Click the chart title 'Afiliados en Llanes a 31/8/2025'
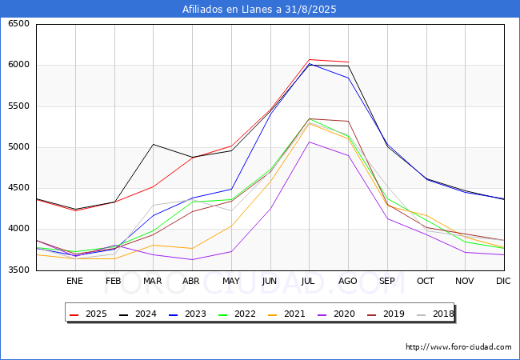tap(259, 10)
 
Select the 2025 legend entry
tap(90, 314)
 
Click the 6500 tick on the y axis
tap(18, 24)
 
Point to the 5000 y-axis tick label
tap(18, 147)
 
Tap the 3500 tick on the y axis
tap(18, 270)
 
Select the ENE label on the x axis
tap(74, 281)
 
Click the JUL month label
tap(309, 281)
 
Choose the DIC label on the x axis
tap(503, 281)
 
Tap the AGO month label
tap(348, 281)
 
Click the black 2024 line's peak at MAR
tap(153, 145)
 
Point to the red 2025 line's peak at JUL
tap(309, 59)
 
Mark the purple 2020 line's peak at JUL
tap(309, 142)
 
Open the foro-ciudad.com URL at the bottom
tap(458, 347)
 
